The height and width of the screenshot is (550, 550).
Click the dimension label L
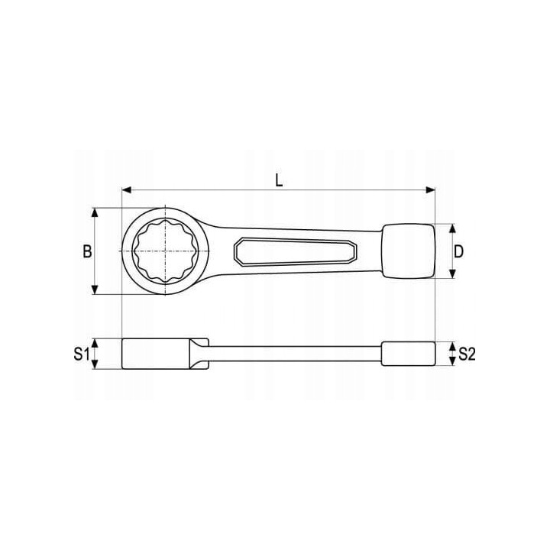coord(279,180)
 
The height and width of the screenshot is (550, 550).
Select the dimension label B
coord(87,251)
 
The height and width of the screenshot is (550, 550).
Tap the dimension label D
coord(458,251)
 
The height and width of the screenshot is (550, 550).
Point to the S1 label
coord(82,354)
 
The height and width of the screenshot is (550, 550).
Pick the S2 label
coord(467,354)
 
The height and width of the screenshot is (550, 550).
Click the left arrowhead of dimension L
coord(127,189)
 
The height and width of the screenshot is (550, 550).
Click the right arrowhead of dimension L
coord(430,189)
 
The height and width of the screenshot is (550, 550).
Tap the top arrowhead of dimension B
coord(95,212)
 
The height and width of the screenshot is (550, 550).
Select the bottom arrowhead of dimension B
coord(95,290)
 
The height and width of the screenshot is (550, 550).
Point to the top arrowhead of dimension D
coord(452,228)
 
